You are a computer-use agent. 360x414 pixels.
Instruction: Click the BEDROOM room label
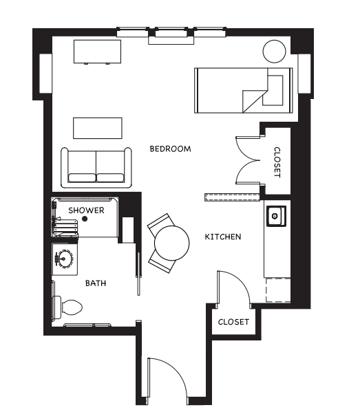170,149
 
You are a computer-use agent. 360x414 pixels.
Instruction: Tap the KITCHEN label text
223,237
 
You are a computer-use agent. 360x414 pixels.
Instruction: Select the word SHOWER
86,210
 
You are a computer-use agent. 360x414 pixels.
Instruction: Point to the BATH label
96,283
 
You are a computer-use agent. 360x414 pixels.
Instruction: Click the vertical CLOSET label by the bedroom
277,162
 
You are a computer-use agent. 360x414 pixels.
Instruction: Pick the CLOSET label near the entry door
233,322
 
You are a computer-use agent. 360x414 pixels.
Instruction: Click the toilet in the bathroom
67,307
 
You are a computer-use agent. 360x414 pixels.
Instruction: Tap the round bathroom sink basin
64,259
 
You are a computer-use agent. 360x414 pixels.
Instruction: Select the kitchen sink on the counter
276,216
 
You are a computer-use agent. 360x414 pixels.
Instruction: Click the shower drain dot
85,219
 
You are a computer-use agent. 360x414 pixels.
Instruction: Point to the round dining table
172,243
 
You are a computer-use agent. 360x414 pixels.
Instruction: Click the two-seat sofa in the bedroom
96,168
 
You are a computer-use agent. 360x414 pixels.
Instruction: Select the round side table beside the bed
275,52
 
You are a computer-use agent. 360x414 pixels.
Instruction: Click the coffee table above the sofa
98,128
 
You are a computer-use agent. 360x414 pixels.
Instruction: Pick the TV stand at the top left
97,52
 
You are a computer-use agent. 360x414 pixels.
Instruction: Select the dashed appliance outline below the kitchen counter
278,290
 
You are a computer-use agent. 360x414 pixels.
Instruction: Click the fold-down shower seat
66,226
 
